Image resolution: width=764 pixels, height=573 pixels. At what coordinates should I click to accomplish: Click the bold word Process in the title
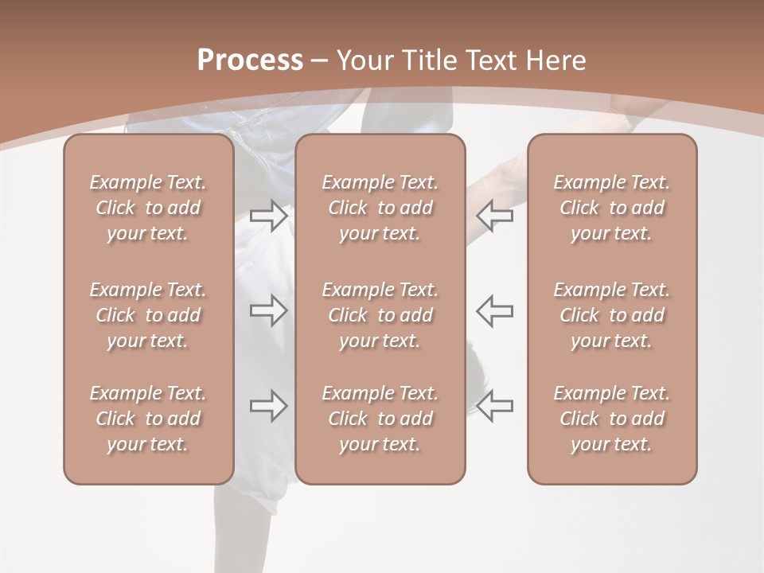[250, 60]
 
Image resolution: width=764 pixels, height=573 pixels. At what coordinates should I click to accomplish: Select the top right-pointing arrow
[268, 215]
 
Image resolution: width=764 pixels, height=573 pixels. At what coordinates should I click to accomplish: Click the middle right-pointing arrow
[268, 310]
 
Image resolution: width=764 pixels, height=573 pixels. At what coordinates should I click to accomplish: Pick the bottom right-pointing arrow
[268, 406]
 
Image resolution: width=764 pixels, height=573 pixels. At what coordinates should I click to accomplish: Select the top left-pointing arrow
[495, 215]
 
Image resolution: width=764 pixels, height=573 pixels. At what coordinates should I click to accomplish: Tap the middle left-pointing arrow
[495, 310]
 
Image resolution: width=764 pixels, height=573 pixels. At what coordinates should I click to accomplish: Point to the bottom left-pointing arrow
[495, 406]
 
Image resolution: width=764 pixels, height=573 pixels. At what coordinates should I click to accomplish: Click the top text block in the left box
[148, 208]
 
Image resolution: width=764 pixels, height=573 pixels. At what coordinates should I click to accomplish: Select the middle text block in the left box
[148, 315]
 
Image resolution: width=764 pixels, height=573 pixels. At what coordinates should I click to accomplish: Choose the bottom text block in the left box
[148, 419]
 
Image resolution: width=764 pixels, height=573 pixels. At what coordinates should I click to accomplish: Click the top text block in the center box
[380, 208]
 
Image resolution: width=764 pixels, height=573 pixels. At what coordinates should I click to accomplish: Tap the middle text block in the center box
[380, 315]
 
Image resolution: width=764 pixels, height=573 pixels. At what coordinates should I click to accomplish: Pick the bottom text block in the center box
[380, 419]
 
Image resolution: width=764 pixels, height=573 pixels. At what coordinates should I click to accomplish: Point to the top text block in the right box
[611, 208]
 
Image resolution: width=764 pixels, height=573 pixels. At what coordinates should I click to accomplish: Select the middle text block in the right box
[611, 315]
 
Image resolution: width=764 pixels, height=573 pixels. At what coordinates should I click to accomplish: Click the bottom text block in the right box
[611, 419]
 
